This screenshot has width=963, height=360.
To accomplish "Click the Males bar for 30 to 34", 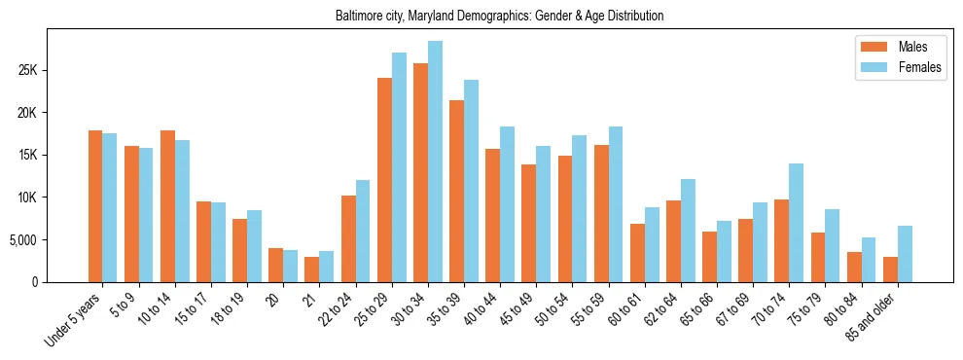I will click(x=420, y=173).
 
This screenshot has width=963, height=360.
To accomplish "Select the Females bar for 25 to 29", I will click(x=399, y=167).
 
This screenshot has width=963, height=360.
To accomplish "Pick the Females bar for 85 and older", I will click(x=905, y=254).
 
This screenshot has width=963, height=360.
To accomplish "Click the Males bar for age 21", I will click(x=312, y=270).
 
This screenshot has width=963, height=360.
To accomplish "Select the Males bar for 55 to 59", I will click(x=601, y=214).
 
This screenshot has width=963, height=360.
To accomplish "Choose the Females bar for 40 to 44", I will click(x=507, y=204).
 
